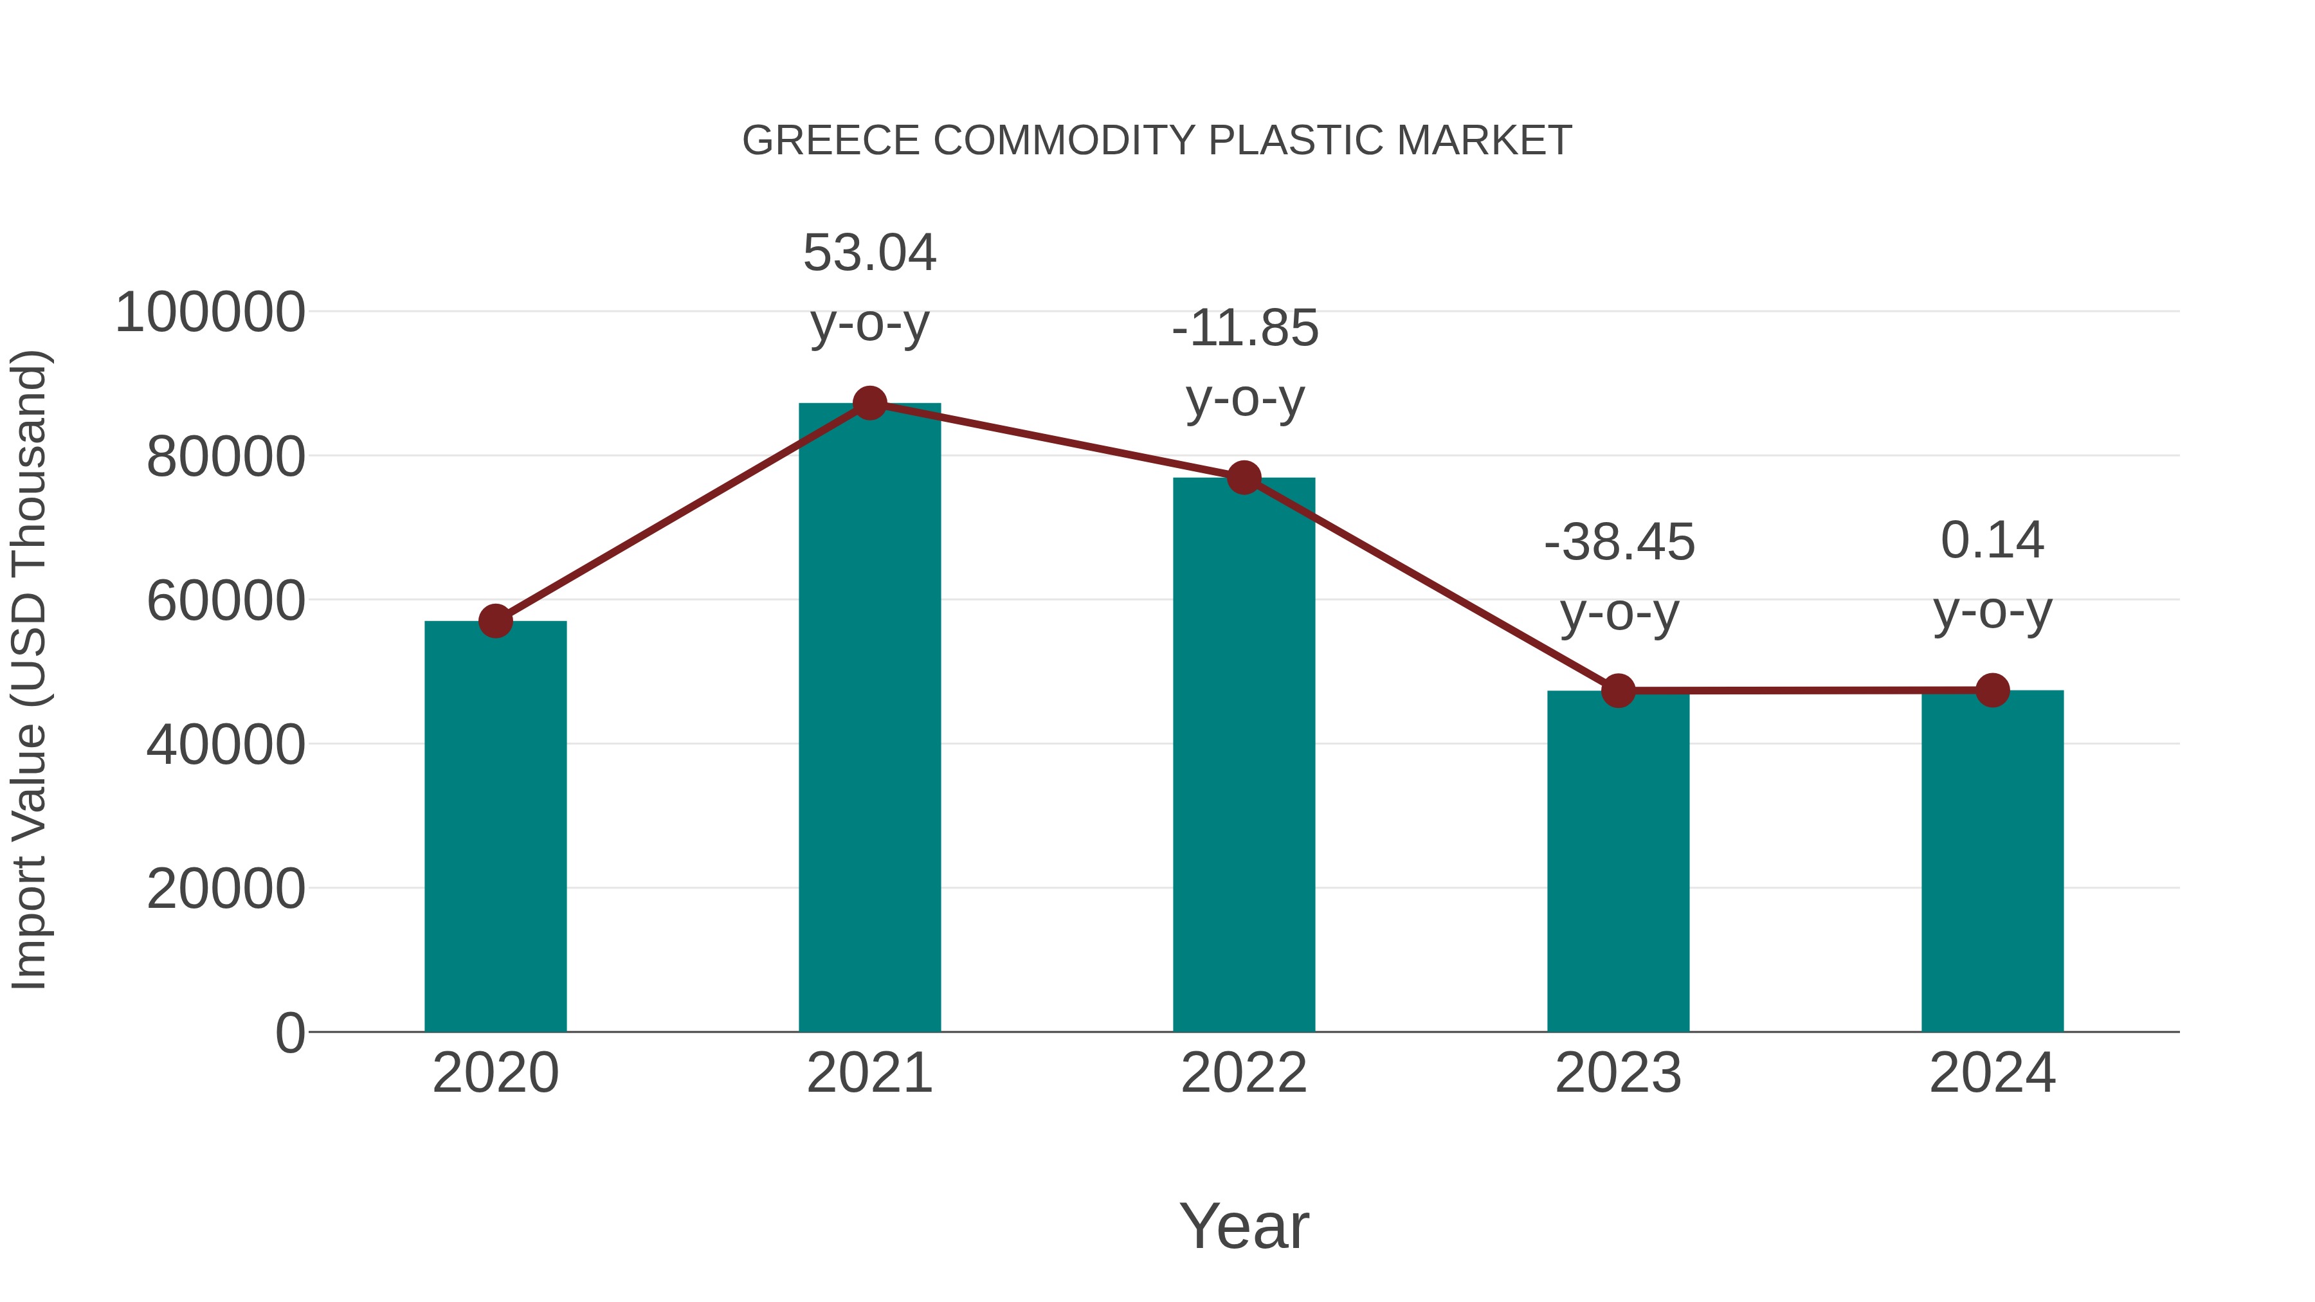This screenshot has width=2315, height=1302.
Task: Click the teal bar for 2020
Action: [495, 827]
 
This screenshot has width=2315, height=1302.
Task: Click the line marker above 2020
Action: [495, 621]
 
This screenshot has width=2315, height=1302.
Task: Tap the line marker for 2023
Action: [1618, 691]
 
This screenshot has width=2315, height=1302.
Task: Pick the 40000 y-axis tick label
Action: [226, 745]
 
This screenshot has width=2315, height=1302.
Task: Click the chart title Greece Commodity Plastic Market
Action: [1157, 141]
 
